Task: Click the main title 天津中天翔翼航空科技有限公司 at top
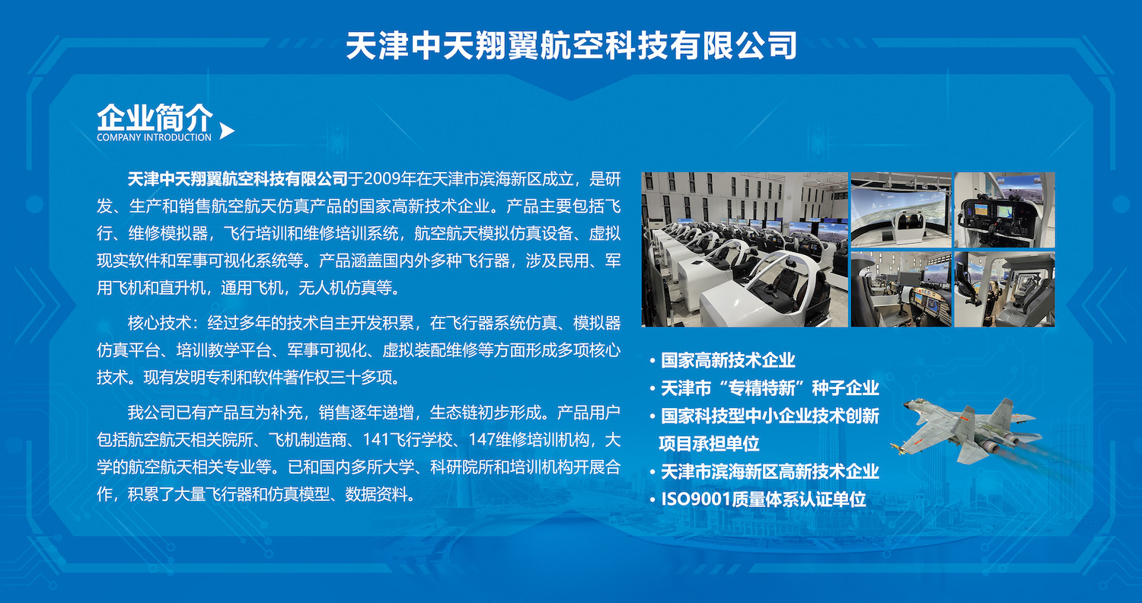click(572, 46)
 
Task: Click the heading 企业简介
click(155, 117)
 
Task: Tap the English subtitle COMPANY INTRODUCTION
click(154, 137)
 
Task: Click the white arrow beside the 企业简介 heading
click(226, 131)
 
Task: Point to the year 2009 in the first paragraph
click(382, 179)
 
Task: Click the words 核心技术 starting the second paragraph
click(159, 323)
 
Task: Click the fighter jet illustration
click(966, 431)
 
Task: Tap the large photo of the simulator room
click(745, 249)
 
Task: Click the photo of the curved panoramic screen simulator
click(901, 210)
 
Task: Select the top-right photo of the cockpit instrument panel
click(1004, 210)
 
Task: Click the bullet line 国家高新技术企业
click(728, 360)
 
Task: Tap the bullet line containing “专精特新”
click(770, 388)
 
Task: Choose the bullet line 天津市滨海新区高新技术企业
click(770, 471)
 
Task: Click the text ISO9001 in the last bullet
click(696, 499)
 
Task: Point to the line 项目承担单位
click(709, 443)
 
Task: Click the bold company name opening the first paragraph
click(238, 179)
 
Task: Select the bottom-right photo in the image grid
click(1004, 289)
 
